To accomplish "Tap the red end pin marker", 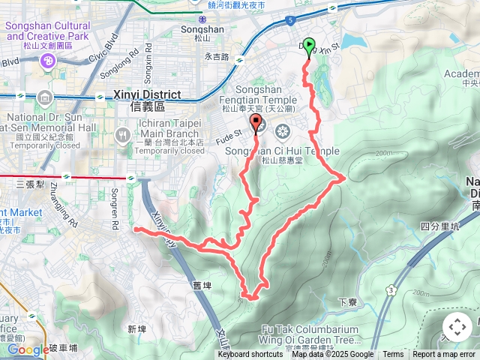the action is [x=256, y=124].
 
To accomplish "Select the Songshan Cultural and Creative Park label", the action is [x=47, y=31].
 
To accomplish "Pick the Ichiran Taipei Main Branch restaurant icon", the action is [x=123, y=135].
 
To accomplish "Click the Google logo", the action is [x=28, y=349].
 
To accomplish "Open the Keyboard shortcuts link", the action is [x=250, y=355].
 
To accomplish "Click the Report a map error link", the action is [x=444, y=355].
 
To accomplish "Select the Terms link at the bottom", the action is [x=393, y=355].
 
